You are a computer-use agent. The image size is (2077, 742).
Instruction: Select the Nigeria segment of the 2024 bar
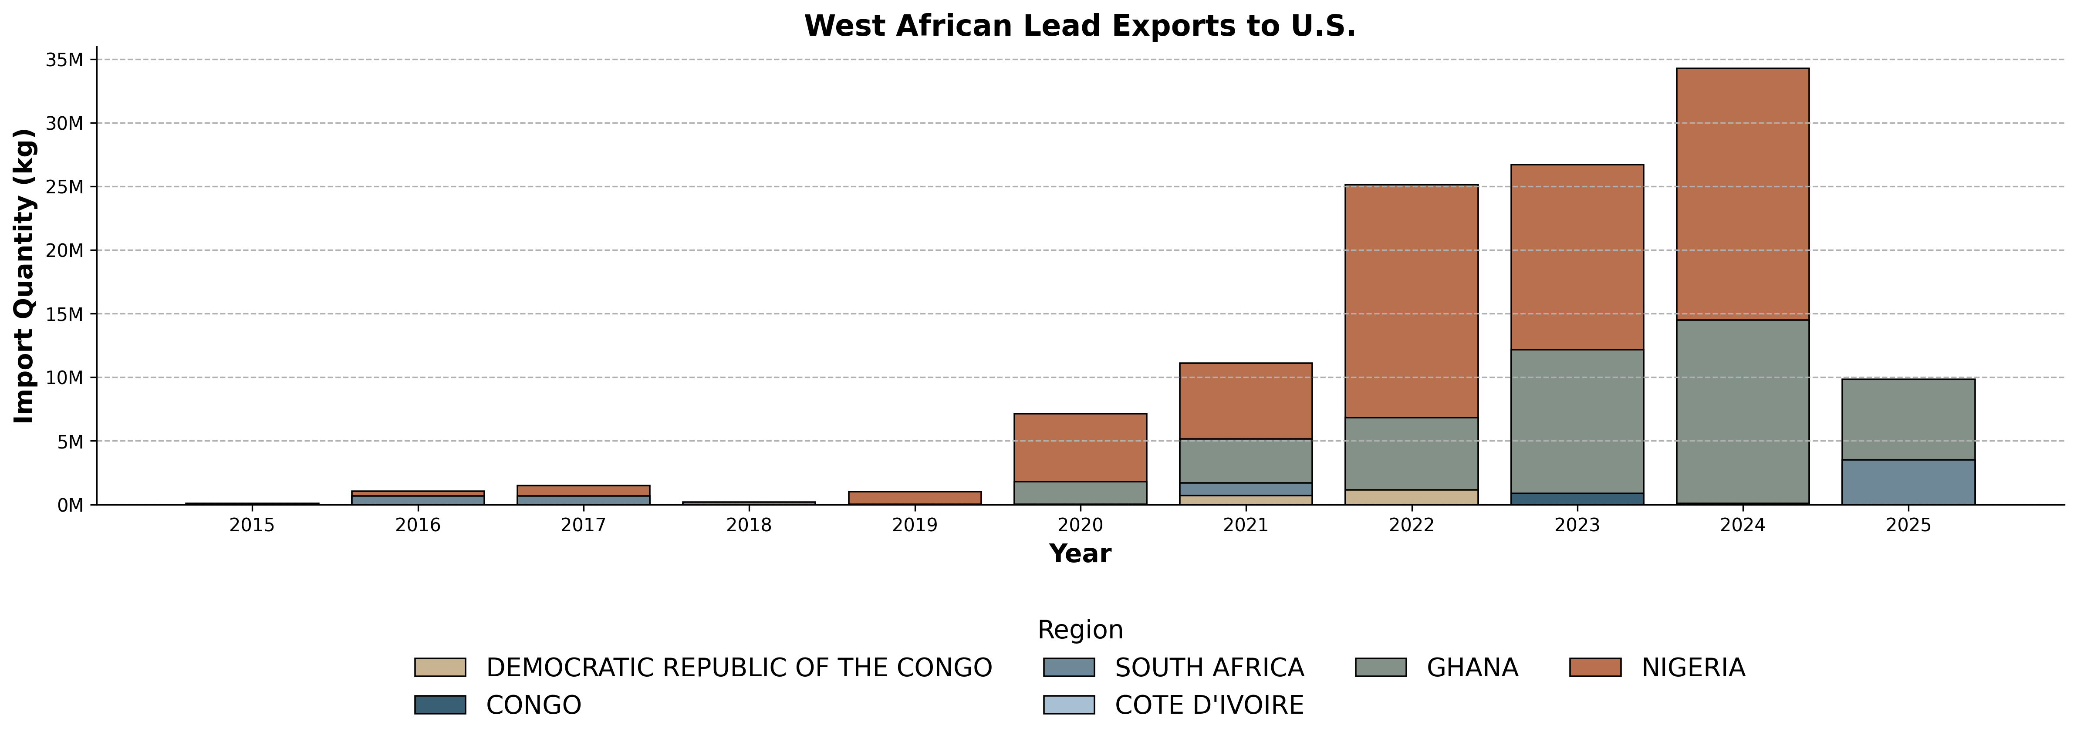point(1743,194)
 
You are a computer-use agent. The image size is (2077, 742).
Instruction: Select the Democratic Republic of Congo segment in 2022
point(1411,497)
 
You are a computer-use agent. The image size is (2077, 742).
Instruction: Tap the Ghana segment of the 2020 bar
point(1080,493)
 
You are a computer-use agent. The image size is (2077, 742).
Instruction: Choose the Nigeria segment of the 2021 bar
point(1246,401)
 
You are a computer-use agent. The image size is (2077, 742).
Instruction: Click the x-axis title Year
point(1080,554)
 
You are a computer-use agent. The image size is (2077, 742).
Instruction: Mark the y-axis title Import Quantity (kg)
point(24,276)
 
